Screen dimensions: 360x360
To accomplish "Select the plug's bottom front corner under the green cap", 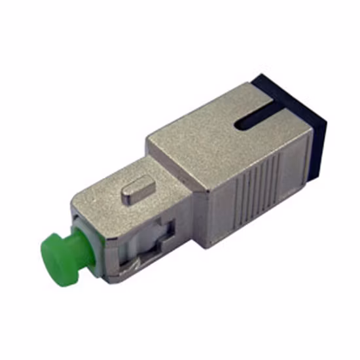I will pos(108,278).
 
